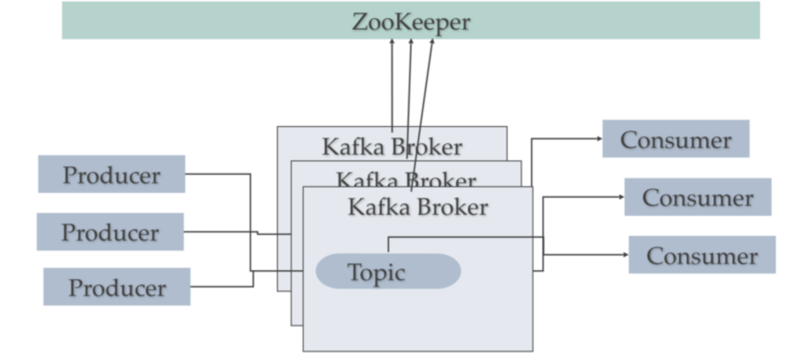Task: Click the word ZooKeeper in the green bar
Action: coord(410,21)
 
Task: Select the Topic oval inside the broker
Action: coord(388,272)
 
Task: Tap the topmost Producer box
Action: coord(111,174)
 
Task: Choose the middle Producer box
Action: coord(109,232)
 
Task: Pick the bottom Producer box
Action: coord(117,287)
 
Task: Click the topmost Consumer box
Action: coord(675,139)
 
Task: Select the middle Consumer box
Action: coord(697,197)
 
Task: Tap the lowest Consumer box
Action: coord(701,255)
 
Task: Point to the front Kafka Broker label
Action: coord(417,207)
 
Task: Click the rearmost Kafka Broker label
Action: coord(391,147)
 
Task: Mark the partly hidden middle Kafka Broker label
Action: coord(406,180)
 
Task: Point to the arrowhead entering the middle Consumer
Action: coord(620,197)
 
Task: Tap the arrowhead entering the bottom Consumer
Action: coord(624,254)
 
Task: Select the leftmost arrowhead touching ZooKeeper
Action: coord(392,42)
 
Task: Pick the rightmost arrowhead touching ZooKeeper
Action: coord(432,42)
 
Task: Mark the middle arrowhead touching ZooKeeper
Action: coord(410,42)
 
